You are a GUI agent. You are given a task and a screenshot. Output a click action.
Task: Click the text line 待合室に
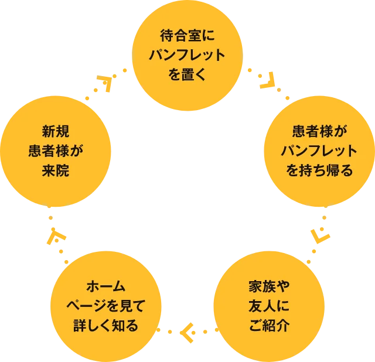tap(187, 36)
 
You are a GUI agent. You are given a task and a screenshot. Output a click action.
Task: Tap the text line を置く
tap(187, 74)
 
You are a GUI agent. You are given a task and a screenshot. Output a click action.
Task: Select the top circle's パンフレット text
tap(187, 56)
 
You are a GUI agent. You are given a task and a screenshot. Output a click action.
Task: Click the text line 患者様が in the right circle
tap(319, 131)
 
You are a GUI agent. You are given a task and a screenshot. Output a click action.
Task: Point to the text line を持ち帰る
tap(319, 170)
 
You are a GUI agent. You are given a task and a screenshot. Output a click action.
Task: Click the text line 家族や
tap(269, 287)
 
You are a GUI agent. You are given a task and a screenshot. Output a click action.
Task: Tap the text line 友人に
tap(269, 306)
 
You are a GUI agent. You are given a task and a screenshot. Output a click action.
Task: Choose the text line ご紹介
tap(269, 326)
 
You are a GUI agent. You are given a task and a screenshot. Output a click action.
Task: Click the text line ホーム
tap(105, 286)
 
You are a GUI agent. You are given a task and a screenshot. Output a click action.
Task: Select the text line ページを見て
tap(105, 306)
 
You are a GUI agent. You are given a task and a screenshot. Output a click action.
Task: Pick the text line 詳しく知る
tap(105, 325)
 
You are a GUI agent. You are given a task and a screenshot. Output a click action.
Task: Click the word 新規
tap(56, 131)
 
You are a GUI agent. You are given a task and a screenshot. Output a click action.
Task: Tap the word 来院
tap(56, 170)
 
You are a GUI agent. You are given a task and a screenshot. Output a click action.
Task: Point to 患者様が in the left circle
tap(56, 151)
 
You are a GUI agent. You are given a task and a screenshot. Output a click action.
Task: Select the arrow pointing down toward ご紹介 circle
tap(321, 234)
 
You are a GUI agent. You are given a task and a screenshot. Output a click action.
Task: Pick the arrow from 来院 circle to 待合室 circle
tap(106, 81)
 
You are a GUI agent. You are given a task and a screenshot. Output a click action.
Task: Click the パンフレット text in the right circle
tap(319, 151)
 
